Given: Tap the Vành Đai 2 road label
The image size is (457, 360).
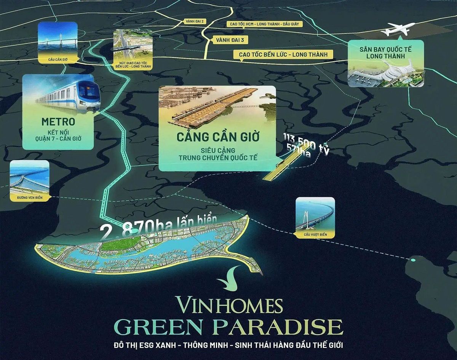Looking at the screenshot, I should click(195, 22).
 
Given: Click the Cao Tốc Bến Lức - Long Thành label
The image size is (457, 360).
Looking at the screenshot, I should click(283, 54).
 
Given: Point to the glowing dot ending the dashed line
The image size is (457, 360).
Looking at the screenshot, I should click(413, 260).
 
